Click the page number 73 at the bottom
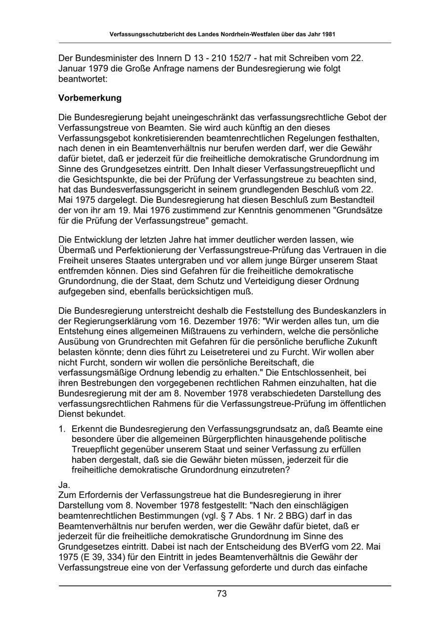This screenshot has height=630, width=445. (x=222, y=594)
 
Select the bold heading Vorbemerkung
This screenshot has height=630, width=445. (x=89, y=98)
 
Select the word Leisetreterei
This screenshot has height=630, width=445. (x=242, y=352)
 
